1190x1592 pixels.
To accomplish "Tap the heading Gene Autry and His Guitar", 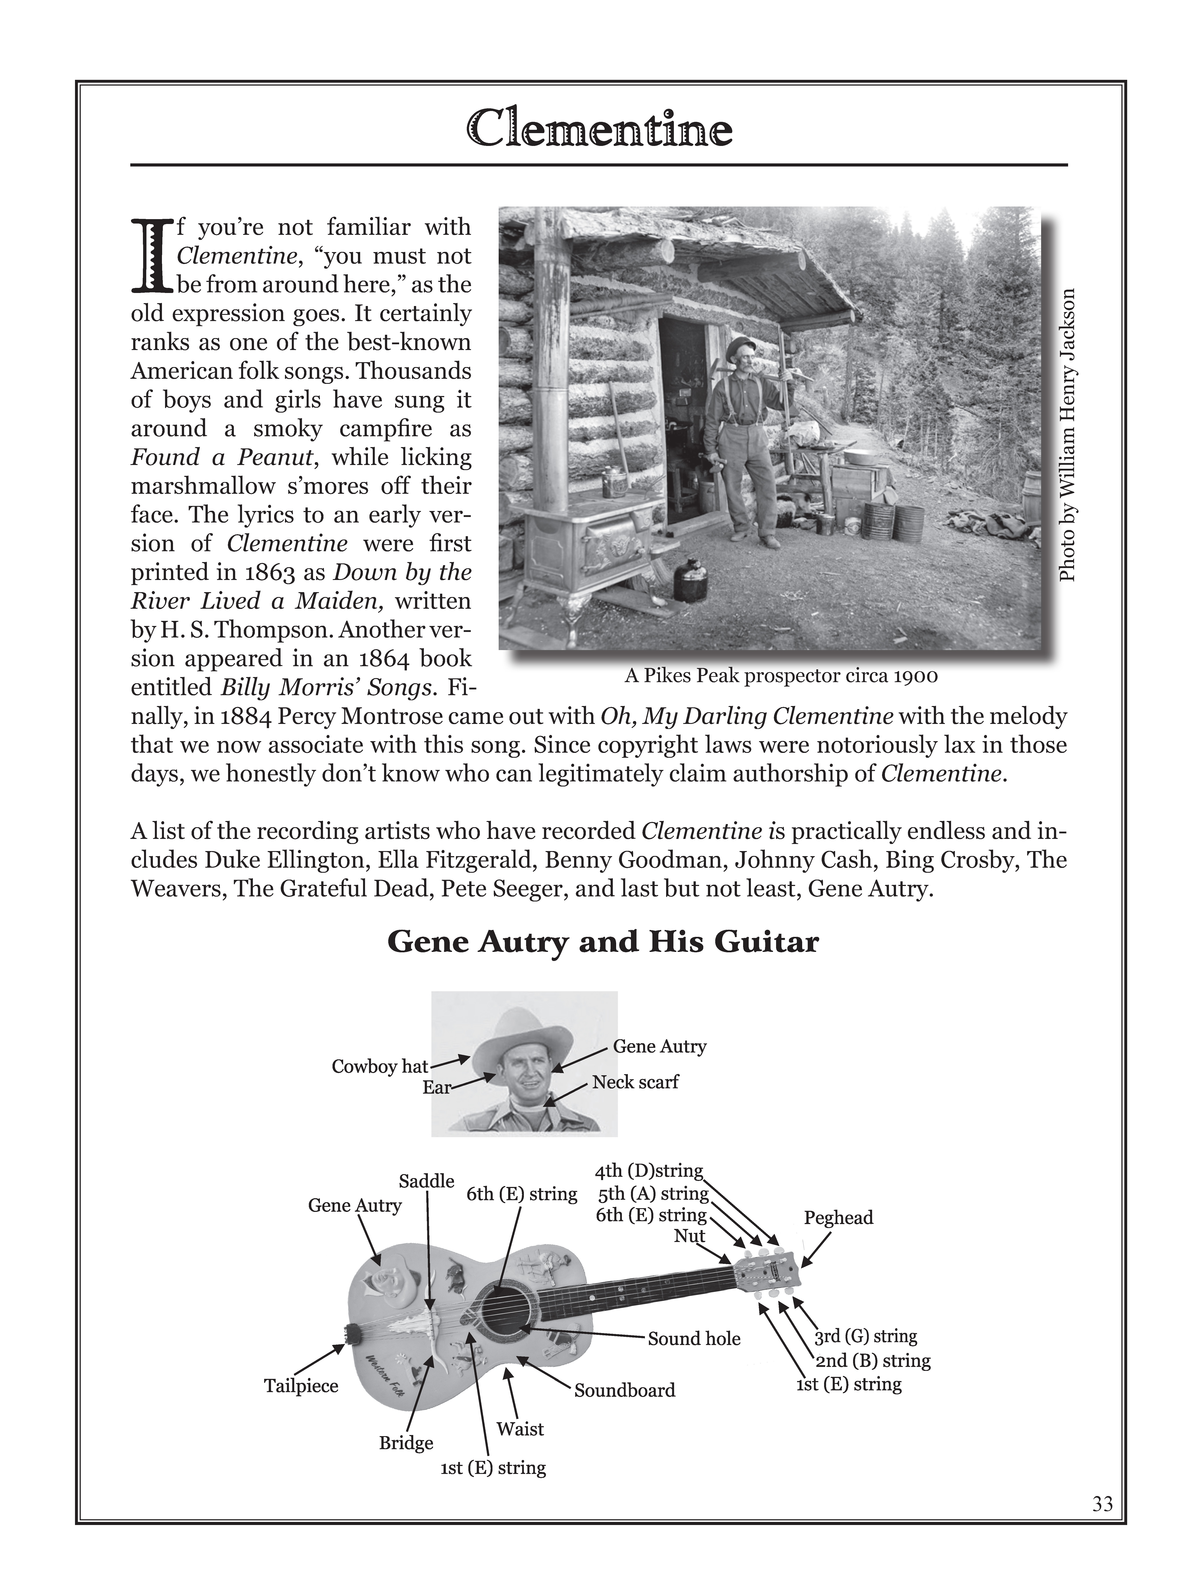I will coord(603,942).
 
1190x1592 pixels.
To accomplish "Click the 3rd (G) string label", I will coord(865,1336).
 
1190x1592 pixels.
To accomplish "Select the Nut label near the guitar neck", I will coord(689,1236).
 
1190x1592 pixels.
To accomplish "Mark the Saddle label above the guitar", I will coord(426,1181).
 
